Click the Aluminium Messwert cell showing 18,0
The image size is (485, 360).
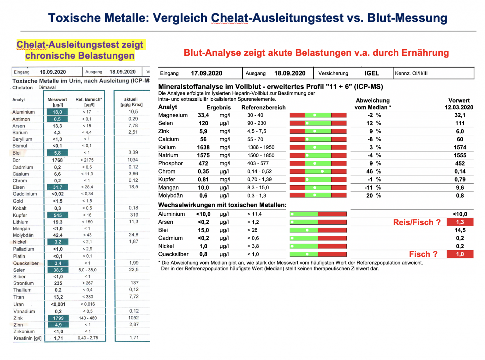click(x=57, y=112)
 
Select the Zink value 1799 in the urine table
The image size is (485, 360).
click(x=58, y=318)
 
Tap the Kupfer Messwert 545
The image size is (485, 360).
click(x=57, y=215)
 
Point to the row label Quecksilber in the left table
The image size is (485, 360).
click(x=26, y=263)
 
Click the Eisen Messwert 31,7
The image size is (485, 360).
click(x=57, y=187)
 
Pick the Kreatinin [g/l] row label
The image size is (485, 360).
click(x=27, y=338)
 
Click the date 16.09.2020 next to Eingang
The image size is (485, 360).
click(x=53, y=72)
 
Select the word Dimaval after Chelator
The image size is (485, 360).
click(x=47, y=87)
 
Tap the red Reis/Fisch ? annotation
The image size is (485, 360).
click(x=417, y=222)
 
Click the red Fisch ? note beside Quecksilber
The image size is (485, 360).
click(x=423, y=254)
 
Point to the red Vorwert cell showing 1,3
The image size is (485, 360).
click(x=460, y=222)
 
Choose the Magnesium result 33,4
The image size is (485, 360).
click(x=203, y=115)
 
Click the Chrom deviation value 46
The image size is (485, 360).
click(x=369, y=171)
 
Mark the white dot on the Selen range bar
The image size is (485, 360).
click(x=307, y=123)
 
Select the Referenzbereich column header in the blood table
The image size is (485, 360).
click(x=263, y=107)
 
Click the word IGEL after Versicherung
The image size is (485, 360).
click(x=372, y=73)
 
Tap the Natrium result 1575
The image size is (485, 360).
click(x=203, y=155)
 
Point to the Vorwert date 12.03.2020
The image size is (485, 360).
click(x=459, y=107)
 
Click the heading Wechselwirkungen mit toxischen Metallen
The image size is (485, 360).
click(x=222, y=205)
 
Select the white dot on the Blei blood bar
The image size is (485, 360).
click(x=307, y=230)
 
